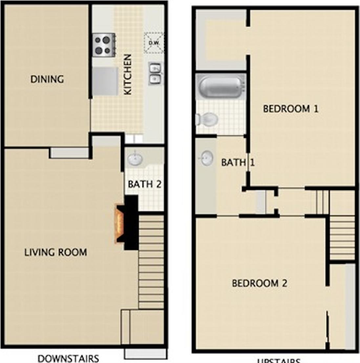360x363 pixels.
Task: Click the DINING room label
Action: pos(47,79)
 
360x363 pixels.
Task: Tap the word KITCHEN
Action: pos(127,75)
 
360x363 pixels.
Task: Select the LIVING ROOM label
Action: pos(56,252)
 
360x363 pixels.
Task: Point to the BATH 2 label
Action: pos(145,184)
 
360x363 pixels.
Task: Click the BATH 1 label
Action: pos(238,162)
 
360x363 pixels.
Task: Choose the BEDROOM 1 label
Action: pos(291,109)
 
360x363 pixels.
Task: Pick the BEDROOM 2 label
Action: pos(260,283)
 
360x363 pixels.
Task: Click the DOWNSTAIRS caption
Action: pos(68,358)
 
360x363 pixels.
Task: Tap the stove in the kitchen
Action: pos(103,45)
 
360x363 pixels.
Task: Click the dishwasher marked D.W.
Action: pos(153,43)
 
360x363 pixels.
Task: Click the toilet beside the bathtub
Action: pos(207,119)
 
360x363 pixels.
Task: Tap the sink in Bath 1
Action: pos(206,158)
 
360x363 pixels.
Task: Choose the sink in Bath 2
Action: pos(135,159)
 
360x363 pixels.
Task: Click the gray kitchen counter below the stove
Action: pos(105,81)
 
